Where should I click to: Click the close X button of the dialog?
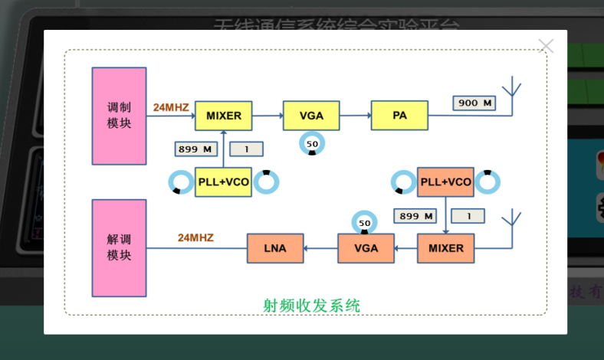[x=546, y=46]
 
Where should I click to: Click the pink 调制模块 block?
[x=119, y=116]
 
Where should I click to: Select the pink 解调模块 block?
[x=119, y=247]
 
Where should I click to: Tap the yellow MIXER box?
[x=224, y=116]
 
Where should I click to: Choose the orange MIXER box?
[x=446, y=248]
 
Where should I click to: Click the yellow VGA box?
[x=311, y=116]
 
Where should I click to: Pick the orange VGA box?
[x=366, y=248]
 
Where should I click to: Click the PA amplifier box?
[x=399, y=116]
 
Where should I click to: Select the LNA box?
[x=275, y=248]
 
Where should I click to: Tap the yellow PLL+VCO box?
[x=223, y=182]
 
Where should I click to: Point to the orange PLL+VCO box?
[x=445, y=182]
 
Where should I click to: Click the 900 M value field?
[x=474, y=103]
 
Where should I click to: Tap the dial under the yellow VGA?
[x=312, y=143]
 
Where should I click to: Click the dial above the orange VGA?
[x=365, y=223]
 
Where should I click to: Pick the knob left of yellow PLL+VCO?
[x=182, y=182]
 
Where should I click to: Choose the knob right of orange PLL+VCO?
[x=487, y=182]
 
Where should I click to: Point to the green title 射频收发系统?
[x=311, y=305]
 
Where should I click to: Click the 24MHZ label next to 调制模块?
[x=171, y=107]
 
